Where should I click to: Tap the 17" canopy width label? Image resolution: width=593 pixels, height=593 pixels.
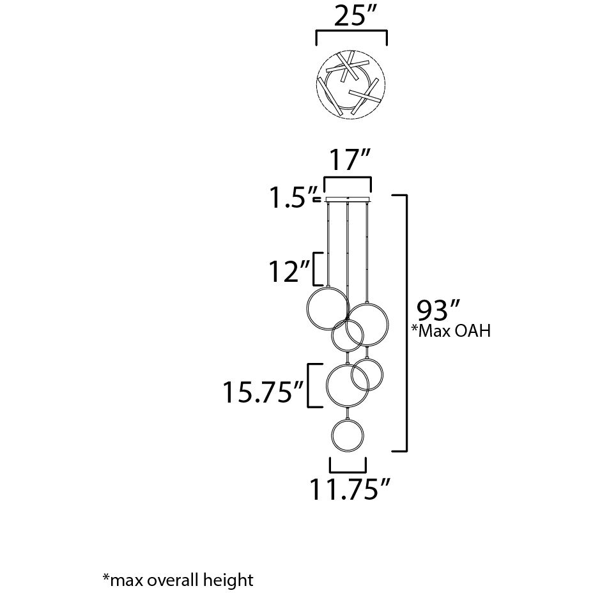tap(348, 159)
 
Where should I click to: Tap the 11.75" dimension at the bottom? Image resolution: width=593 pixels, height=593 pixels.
tap(350, 490)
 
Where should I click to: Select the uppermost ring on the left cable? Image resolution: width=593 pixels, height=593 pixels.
tap(327, 309)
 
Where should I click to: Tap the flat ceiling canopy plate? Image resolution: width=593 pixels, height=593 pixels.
tap(348, 201)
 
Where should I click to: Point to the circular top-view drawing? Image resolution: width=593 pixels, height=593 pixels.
tap(351, 86)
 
